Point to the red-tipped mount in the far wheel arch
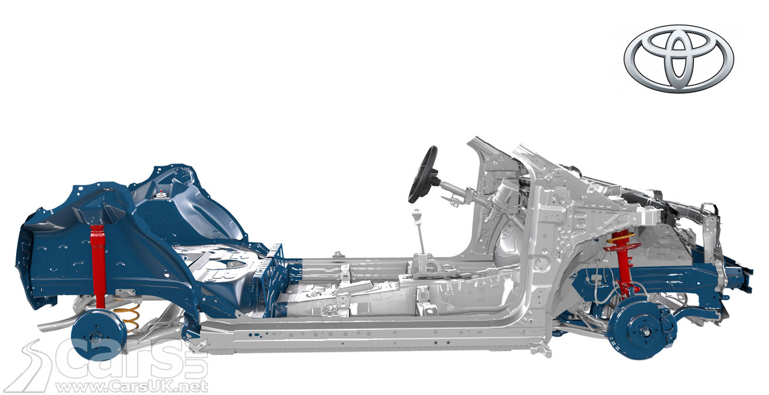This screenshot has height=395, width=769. (162, 194)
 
